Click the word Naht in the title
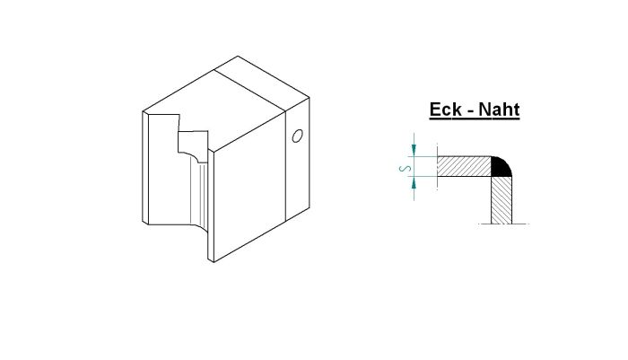coord(500,110)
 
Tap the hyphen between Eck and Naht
coord(473,112)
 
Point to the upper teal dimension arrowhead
coord(414,150)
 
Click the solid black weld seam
coord(502,165)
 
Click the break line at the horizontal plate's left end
coord(436,167)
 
